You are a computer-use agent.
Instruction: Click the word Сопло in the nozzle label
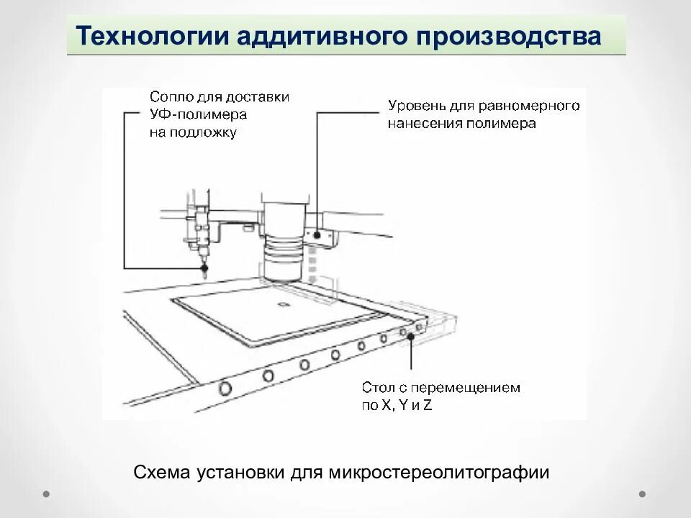(170, 97)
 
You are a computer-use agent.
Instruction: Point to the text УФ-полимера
(198, 115)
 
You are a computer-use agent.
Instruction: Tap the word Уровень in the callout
(415, 106)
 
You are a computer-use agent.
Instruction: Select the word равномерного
(536, 106)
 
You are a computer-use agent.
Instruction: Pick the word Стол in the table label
(377, 388)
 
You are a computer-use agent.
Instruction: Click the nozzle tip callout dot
(205, 268)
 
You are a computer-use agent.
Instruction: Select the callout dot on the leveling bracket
(316, 235)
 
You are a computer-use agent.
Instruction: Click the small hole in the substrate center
(282, 305)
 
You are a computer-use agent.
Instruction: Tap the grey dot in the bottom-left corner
(46, 494)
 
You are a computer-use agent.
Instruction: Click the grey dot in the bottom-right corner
(643, 494)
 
